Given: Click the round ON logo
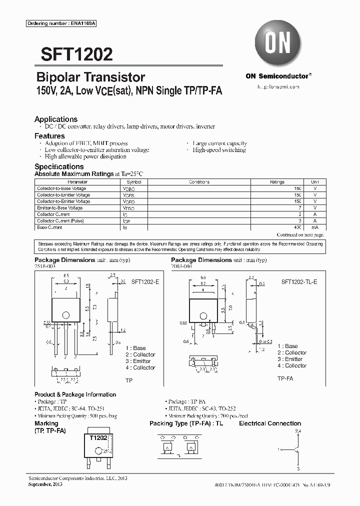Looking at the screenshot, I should point(277,44).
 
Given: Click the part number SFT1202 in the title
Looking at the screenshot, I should point(73,54).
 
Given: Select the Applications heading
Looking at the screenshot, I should point(56,119).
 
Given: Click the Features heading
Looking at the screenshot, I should point(49,136).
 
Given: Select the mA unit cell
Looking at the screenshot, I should point(315,227).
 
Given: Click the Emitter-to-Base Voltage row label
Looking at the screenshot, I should point(60,208).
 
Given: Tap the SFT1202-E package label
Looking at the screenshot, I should point(145,282).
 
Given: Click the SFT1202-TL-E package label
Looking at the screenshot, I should point(299,282).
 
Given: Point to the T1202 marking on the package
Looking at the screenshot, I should point(99,437).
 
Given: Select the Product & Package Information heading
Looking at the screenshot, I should point(75,394).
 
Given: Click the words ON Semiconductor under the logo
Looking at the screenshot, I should point(277,76).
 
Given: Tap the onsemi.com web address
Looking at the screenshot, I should point(278,86).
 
